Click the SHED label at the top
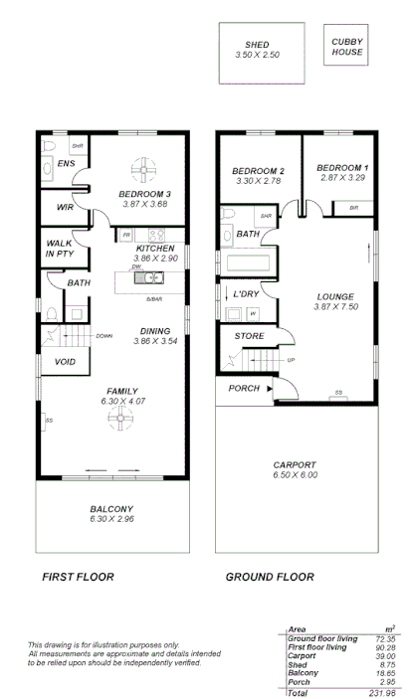pos(257,45)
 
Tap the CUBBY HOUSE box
pos(347,46)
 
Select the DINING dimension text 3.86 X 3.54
pos(155,341)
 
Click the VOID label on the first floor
pos(66,362)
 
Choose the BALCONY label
pos(110,508)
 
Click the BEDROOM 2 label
pos(258,170)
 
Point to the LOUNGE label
pos(335,296)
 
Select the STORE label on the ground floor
pos(248,336)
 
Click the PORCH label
pos(244,388)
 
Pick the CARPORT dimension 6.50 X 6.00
pos(295,475)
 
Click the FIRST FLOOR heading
pos(78,577)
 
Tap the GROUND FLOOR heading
pos(270,577)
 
